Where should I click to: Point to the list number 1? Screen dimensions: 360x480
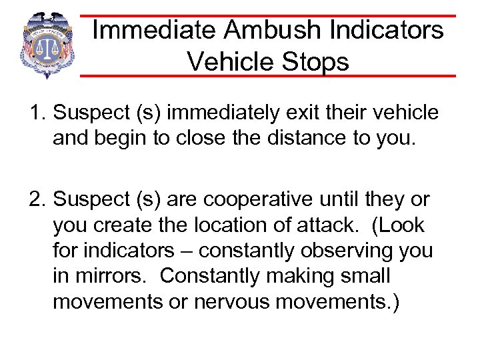click(x=36, y=113)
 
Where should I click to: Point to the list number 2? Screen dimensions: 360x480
click(x=36, y=199)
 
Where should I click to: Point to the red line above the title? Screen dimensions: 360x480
click(x=267, y=15)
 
